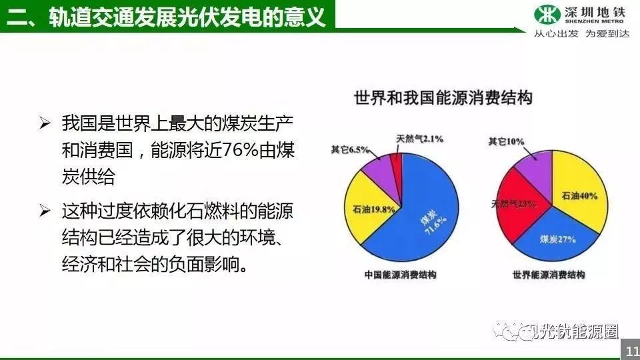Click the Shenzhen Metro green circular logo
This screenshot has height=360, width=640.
547,14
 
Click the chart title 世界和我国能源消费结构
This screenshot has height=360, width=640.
443,98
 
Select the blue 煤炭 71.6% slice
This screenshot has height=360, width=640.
421,216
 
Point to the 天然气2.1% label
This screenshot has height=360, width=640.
419,139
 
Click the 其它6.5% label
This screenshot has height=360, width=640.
350,150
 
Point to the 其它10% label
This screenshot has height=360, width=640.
506,141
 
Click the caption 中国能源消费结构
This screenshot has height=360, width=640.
401,275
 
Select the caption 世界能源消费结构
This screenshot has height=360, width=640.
549,275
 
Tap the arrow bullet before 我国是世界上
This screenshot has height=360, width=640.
45,123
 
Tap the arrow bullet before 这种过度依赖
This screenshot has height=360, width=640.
45,211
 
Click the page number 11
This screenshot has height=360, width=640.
632,351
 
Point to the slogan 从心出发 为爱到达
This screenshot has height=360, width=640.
581,34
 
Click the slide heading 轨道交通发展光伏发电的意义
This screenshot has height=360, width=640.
187,17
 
